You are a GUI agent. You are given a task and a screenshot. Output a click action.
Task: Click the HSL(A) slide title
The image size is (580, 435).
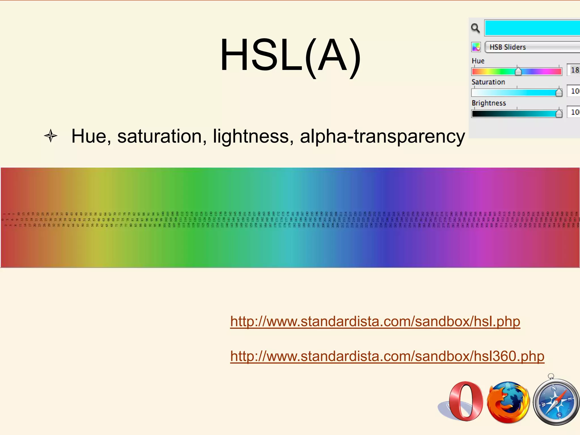(290, 55)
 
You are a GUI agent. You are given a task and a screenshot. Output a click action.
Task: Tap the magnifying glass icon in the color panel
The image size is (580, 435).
(475, 28)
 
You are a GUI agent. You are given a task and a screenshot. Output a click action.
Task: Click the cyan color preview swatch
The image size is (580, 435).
(532, 28)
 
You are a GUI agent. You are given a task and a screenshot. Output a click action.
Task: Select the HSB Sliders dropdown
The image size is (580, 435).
(532, 47)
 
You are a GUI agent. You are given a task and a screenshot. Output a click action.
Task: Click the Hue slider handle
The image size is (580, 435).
(518, 71)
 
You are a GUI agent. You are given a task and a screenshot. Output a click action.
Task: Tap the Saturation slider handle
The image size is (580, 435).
(559, 92)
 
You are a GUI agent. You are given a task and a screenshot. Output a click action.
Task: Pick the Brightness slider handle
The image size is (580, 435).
(559, 113)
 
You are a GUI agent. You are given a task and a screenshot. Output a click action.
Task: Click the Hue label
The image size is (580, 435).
(478, 61)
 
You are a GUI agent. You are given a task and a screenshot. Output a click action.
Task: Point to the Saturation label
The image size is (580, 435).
(488, 82)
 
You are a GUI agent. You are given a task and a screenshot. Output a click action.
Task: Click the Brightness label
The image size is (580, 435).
(489, 103)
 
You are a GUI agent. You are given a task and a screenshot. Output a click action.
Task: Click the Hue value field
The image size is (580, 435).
(574, 70)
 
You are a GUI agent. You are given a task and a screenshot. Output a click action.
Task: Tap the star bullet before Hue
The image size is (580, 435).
(51, 136)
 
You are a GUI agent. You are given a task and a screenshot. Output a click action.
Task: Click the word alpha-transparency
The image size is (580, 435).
(382, 137)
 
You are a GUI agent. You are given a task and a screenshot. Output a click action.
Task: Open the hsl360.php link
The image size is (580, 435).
(387, 356)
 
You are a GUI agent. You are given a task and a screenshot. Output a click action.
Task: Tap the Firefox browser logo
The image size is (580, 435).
(508, 402)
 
